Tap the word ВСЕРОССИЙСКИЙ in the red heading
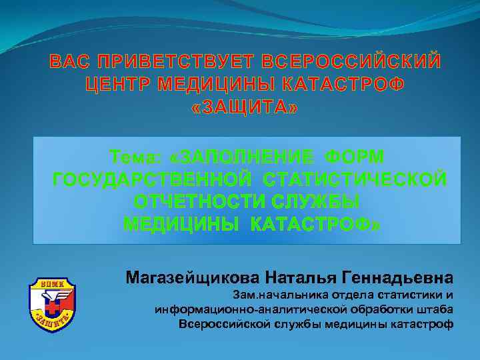[351, 62]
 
